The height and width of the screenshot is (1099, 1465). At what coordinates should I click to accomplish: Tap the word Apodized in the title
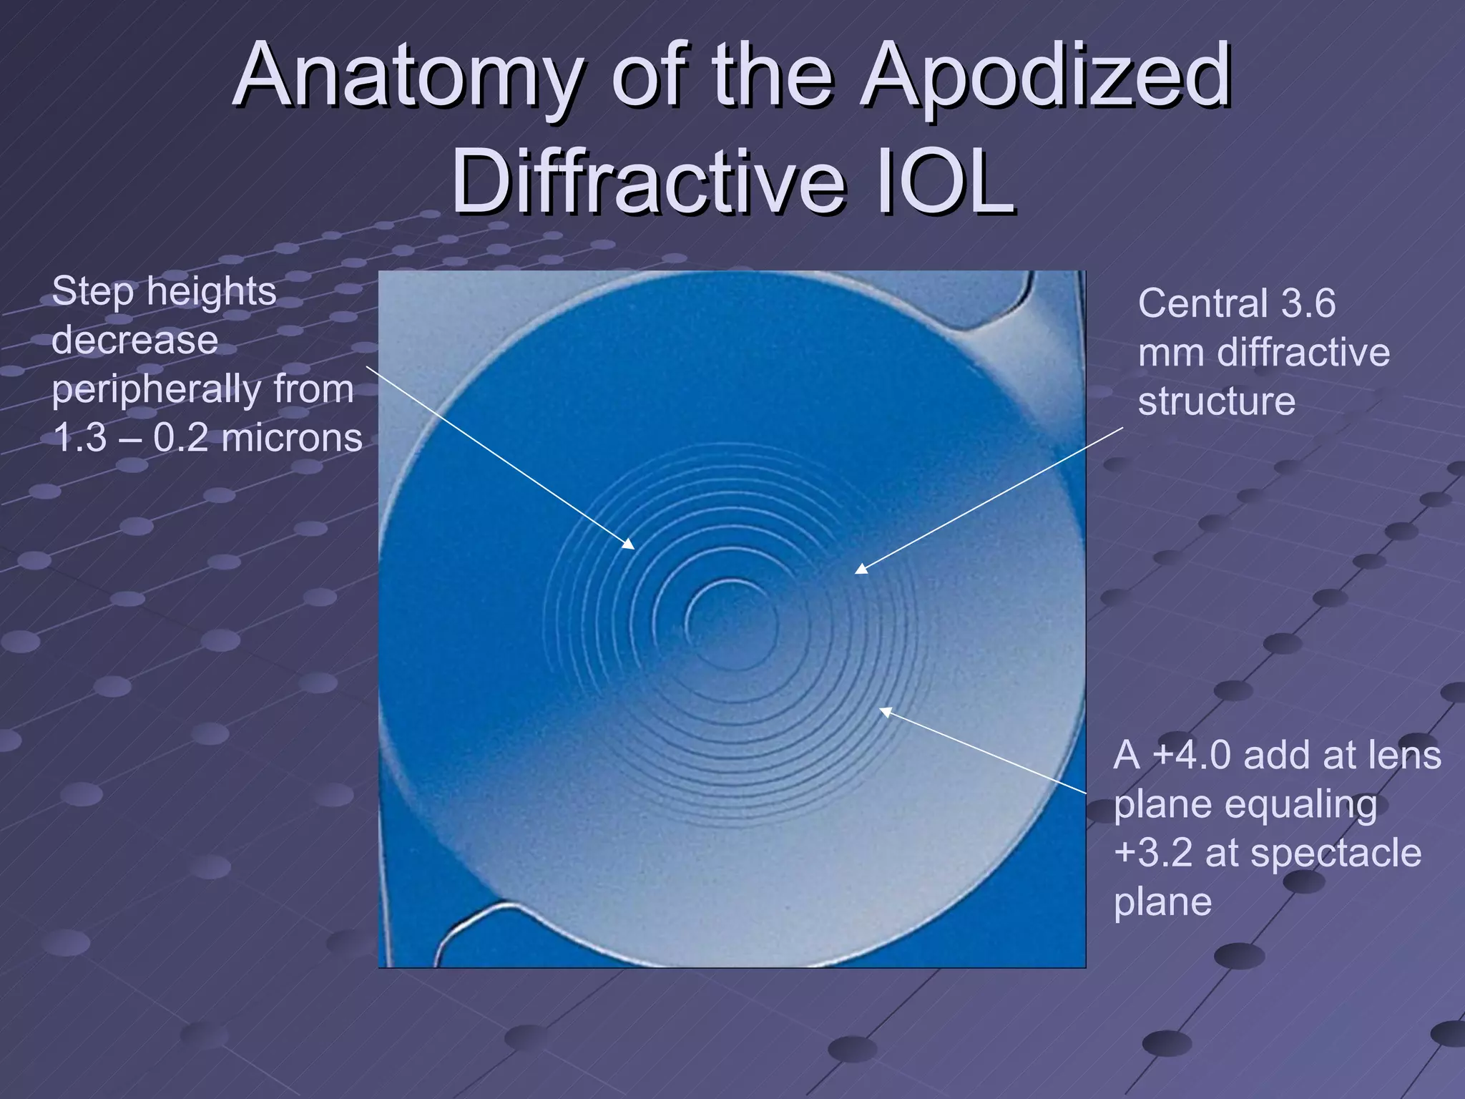[x=1045, y=77]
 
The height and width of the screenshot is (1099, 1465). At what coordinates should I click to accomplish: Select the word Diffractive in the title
[x=648, y=182]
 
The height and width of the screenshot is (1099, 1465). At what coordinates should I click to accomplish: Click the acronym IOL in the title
[x=946, y=182]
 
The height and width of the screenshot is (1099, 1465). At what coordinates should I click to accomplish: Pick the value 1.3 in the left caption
[x=79, y=438]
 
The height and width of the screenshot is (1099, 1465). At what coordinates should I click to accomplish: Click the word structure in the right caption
[x=1216, y=401]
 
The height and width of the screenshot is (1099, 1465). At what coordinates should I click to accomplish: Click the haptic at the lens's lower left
[x=458, y=930]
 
